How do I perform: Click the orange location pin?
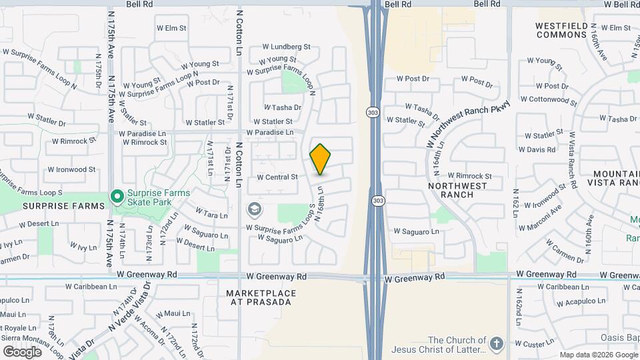click(321, 159)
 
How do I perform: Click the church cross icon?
click(495, 344)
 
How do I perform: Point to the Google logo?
click(22, 351)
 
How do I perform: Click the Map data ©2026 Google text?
click(598, 355)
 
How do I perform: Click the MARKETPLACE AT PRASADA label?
click(259, 297)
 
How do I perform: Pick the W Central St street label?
click(277, 177)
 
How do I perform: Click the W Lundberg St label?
click(287, 47)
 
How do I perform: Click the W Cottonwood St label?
click(549, 99)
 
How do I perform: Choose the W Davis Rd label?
click(537, 150)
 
